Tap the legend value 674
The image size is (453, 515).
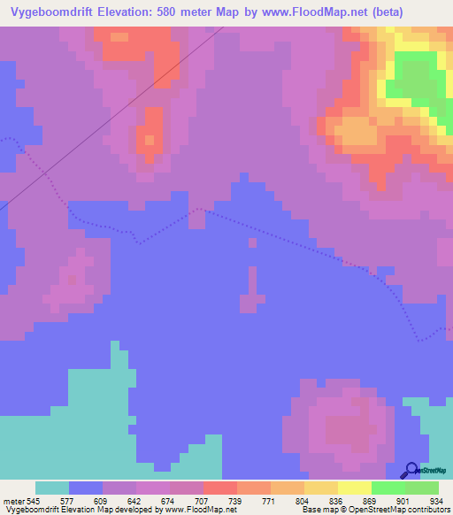[167, 501]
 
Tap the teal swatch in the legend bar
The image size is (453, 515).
[52, 488]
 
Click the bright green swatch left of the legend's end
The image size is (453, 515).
[388, 488]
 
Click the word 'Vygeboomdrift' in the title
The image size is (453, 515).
[61, 12]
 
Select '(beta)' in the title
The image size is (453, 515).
[417, 12]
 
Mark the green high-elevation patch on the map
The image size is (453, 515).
[415, 80]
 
